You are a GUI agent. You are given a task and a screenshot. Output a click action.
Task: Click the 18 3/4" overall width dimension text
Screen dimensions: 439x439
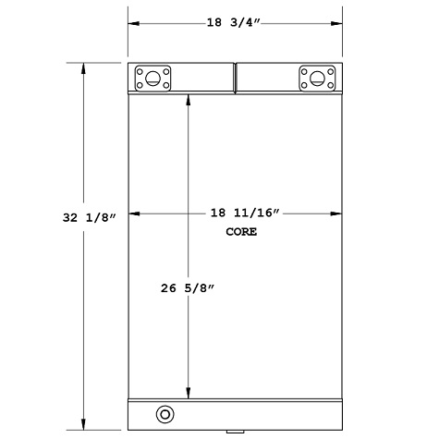click(x=235, y=21)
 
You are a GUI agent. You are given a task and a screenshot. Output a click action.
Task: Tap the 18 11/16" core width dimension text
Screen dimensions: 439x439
click(x=241, y=213)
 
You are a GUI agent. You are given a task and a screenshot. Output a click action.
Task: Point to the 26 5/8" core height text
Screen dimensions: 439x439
click(x=189, y=287)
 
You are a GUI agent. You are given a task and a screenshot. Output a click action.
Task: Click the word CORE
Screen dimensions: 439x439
click(x=241, y=232)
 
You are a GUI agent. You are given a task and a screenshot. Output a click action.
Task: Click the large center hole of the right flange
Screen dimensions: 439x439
click(x=316, y=78)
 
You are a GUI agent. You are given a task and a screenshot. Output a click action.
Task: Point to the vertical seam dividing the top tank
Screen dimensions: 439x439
click(x=235, y=78)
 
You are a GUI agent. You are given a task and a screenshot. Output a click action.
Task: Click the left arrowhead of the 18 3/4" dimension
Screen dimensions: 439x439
click(x=131, y=21)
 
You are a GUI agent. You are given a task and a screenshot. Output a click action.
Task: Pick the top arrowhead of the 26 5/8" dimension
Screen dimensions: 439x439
click(x=189, y=98)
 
